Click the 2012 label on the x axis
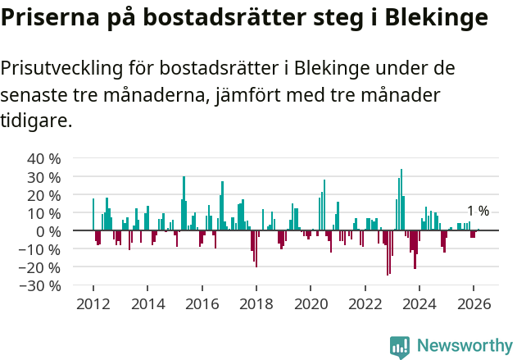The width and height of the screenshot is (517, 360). pos(93,304)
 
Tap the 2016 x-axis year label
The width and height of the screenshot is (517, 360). pos(202,304)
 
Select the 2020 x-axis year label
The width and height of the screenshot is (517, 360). pos(311,304)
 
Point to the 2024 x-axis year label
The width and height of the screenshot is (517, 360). pos(419,304)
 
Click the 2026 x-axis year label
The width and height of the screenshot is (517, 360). pos(474,304)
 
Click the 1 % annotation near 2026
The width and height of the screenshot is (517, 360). pos(478,212)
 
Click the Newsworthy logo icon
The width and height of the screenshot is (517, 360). pos(400,347)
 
